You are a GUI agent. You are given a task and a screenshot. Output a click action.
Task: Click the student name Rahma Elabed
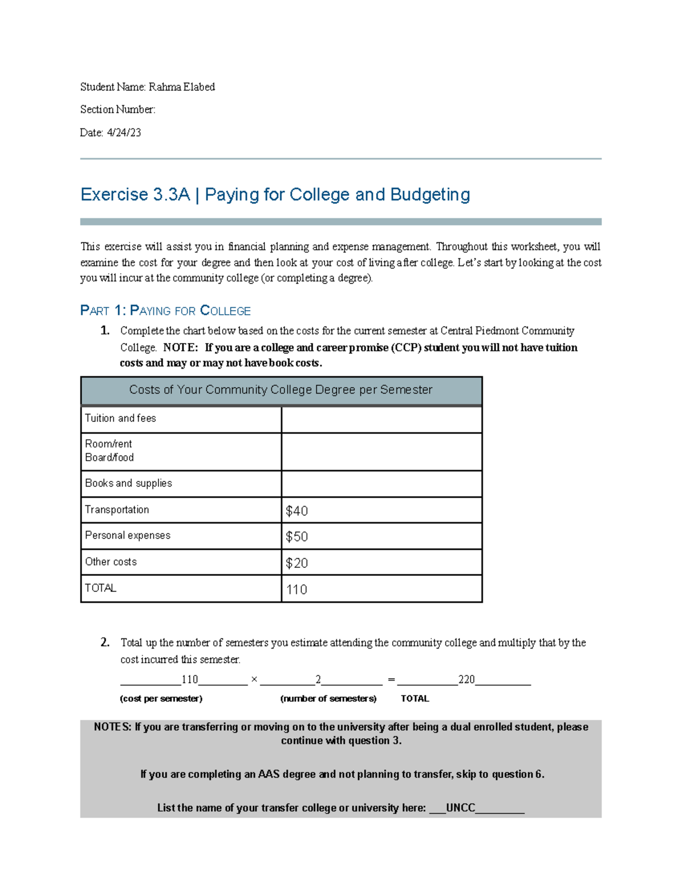(181, 87)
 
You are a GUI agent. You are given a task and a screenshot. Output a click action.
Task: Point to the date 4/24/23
(124, 132)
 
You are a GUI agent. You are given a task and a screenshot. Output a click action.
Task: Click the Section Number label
(117, 109)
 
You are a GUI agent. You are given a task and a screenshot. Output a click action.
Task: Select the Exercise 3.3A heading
(275, 195)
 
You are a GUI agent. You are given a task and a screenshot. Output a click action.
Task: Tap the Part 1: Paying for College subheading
(165, 311)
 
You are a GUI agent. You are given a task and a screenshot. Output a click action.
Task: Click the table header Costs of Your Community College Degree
(281, 390)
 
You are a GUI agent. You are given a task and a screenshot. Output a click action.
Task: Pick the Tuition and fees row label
(120, 418)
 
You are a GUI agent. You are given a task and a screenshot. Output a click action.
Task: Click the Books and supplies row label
(128, 483)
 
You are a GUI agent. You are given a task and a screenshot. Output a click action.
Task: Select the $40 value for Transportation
(297, 511)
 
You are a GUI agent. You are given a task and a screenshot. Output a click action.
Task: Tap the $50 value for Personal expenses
(297, 537)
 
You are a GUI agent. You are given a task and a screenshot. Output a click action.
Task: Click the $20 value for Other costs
(297, 563)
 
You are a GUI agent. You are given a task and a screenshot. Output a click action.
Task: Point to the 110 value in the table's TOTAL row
(297, 590)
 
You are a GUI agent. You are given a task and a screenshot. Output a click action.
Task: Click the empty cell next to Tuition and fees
(381, 419)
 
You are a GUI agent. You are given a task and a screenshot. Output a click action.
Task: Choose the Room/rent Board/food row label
(109, 450)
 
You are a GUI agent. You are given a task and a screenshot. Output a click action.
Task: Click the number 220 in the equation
(467, 679)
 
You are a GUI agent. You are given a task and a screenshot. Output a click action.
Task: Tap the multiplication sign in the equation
(254, 679)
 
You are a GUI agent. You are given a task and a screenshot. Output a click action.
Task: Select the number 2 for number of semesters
(318, 679)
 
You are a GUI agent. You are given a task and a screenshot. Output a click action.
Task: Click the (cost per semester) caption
(161, 699)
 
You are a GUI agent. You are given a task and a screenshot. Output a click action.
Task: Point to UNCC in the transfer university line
(460, 808)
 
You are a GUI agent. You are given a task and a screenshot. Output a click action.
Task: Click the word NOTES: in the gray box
(113, 727)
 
